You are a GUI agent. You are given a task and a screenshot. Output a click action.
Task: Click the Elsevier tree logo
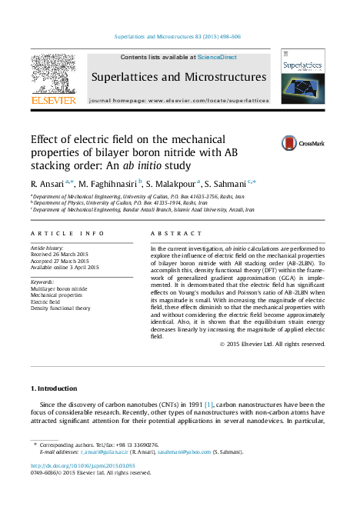tap(52, 74)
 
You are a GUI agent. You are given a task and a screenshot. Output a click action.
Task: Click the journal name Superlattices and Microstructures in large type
tap(178, 77)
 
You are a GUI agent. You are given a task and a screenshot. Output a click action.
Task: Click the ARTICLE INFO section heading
tap(68, 232)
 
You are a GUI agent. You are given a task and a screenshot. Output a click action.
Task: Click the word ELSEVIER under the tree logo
tap(52, 100)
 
